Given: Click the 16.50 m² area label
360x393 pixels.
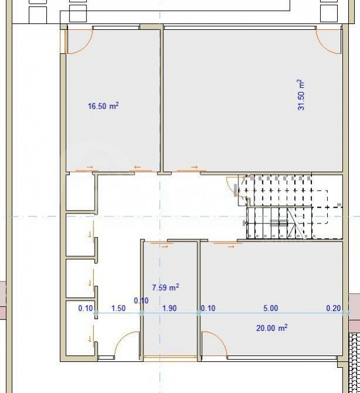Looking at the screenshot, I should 103,106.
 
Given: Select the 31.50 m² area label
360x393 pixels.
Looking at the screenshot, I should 301,95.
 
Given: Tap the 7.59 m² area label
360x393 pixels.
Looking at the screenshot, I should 166,287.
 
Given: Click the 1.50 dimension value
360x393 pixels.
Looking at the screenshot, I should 118,308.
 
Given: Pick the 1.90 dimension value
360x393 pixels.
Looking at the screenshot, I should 169,308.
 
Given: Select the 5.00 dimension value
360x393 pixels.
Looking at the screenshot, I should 271,308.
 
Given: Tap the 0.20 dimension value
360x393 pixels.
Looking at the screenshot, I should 333,308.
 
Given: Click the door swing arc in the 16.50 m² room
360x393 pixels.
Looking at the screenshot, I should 79,41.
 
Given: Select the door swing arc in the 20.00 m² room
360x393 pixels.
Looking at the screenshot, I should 213,342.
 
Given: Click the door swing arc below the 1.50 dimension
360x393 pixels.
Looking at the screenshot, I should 127,344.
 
